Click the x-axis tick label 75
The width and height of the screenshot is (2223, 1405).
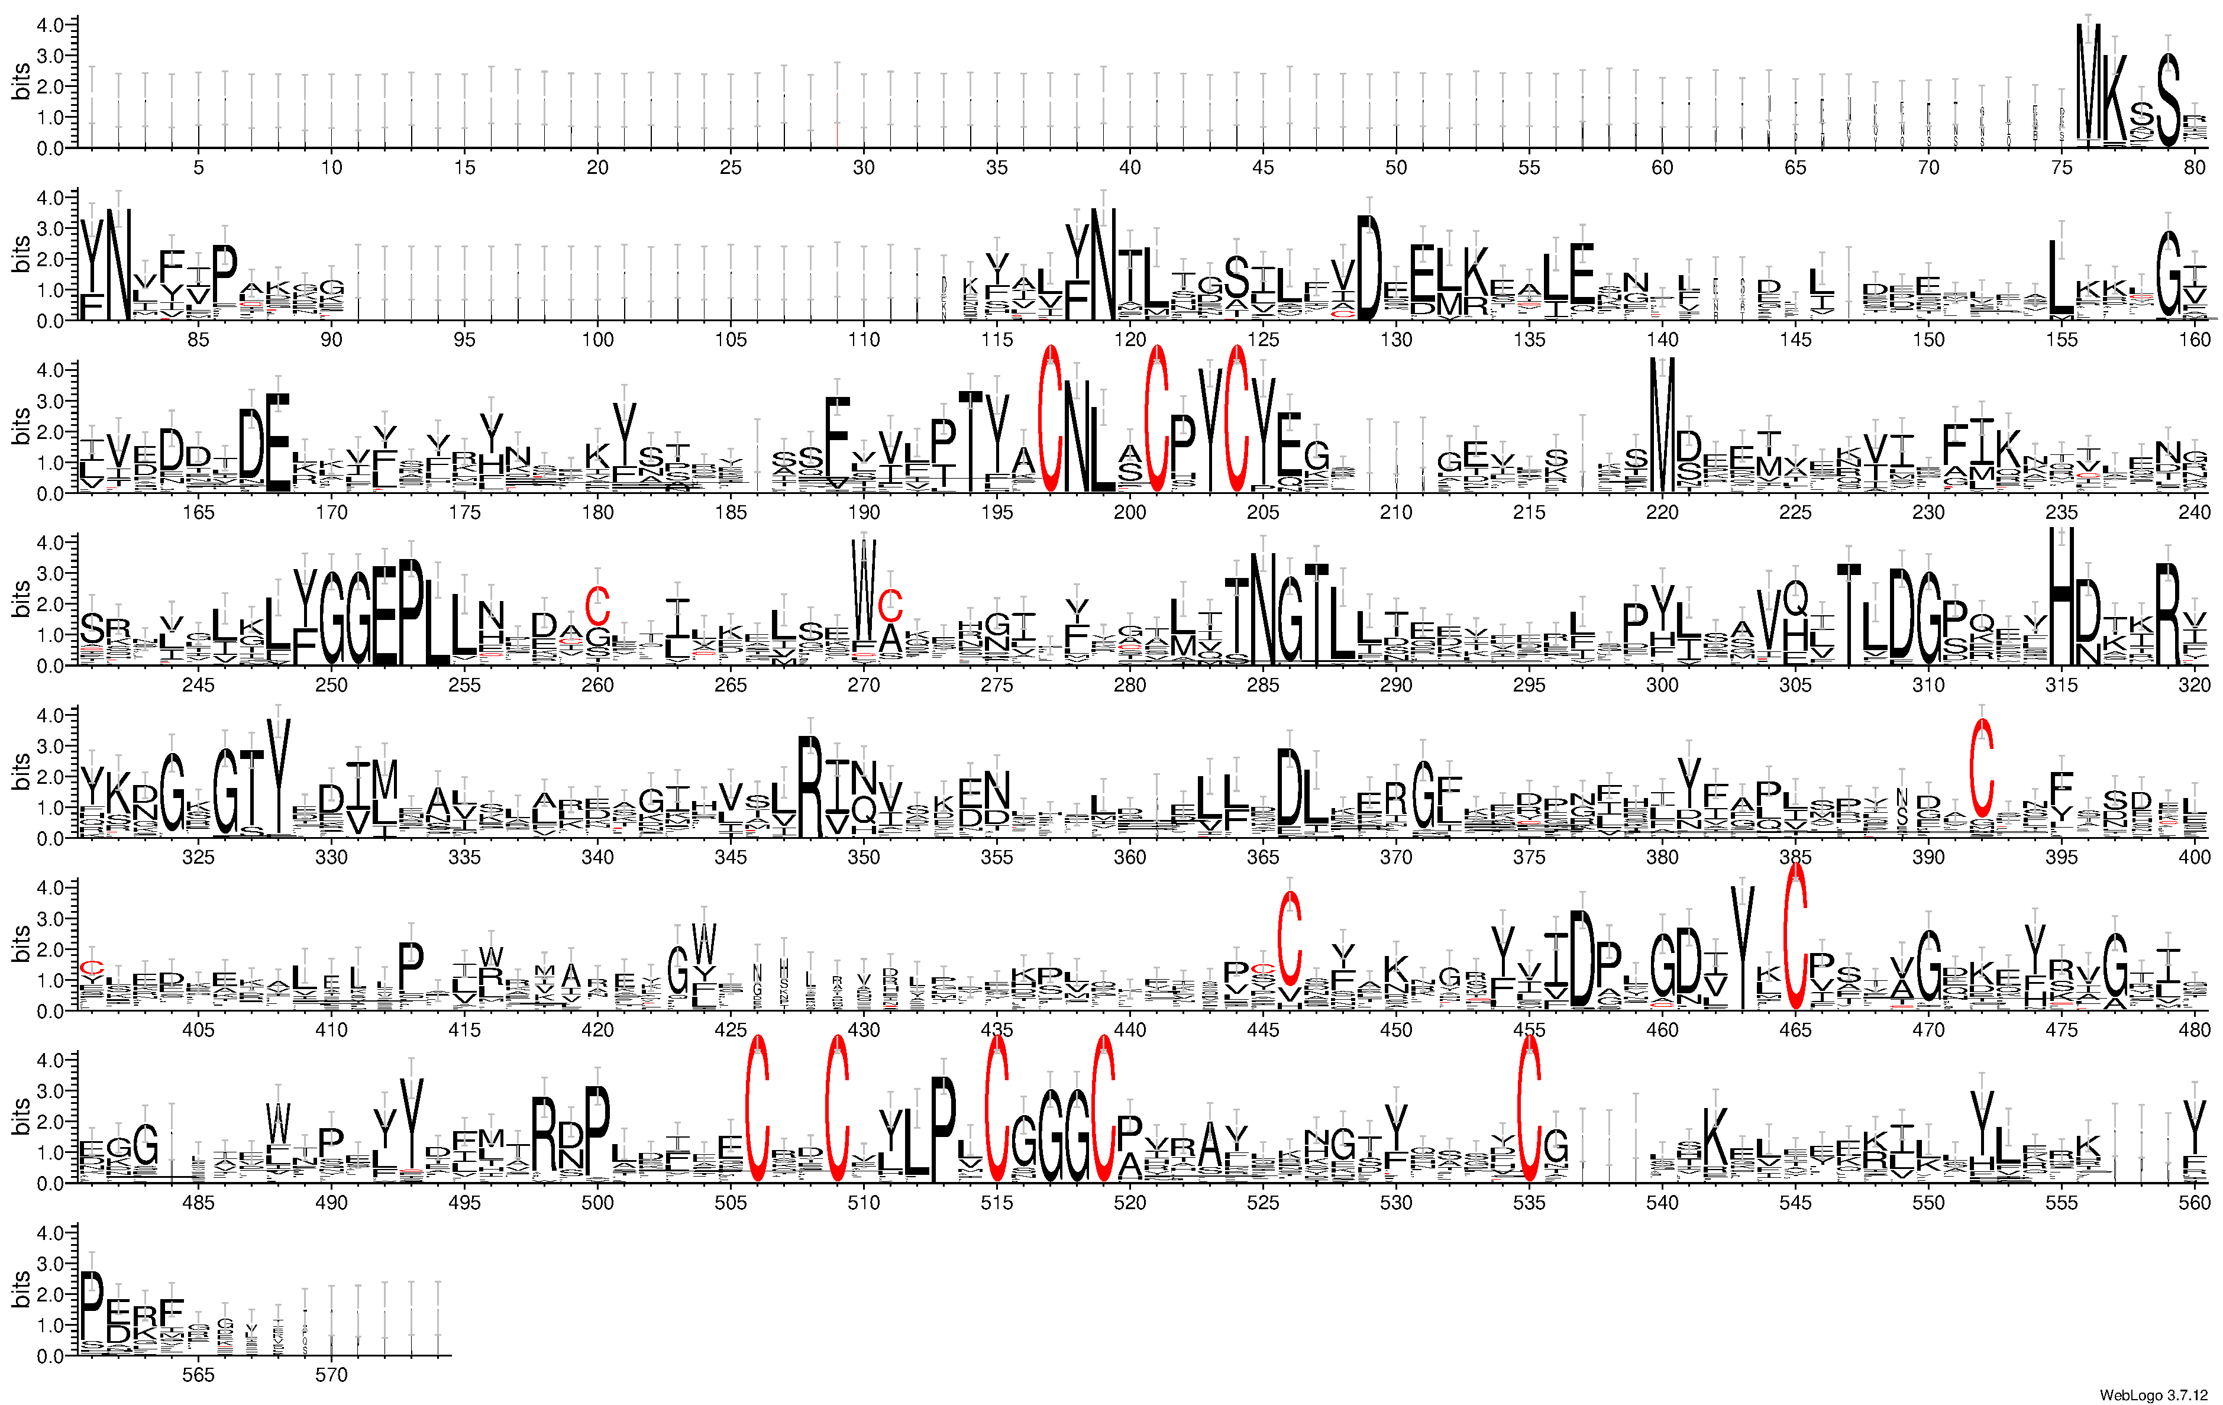tap(2062, 167)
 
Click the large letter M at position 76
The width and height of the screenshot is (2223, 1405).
tap(2088, 83)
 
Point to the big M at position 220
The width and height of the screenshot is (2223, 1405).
tap(1662, 425)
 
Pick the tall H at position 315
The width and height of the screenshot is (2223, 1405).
tap(2062, 595)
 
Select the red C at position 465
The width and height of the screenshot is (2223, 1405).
tap(1795, 937)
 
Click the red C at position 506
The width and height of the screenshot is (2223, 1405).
tap(757, 1108)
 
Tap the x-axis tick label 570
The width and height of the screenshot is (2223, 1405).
tap(331, 1375)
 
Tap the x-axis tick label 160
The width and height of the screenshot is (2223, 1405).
tap(2195, 340)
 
